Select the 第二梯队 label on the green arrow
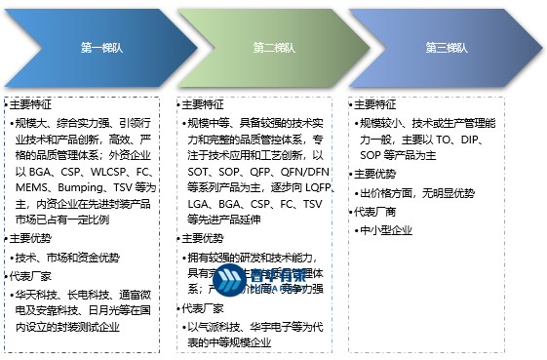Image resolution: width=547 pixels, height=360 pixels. coord(272,48)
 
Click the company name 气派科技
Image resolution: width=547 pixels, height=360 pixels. coord(218,327)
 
